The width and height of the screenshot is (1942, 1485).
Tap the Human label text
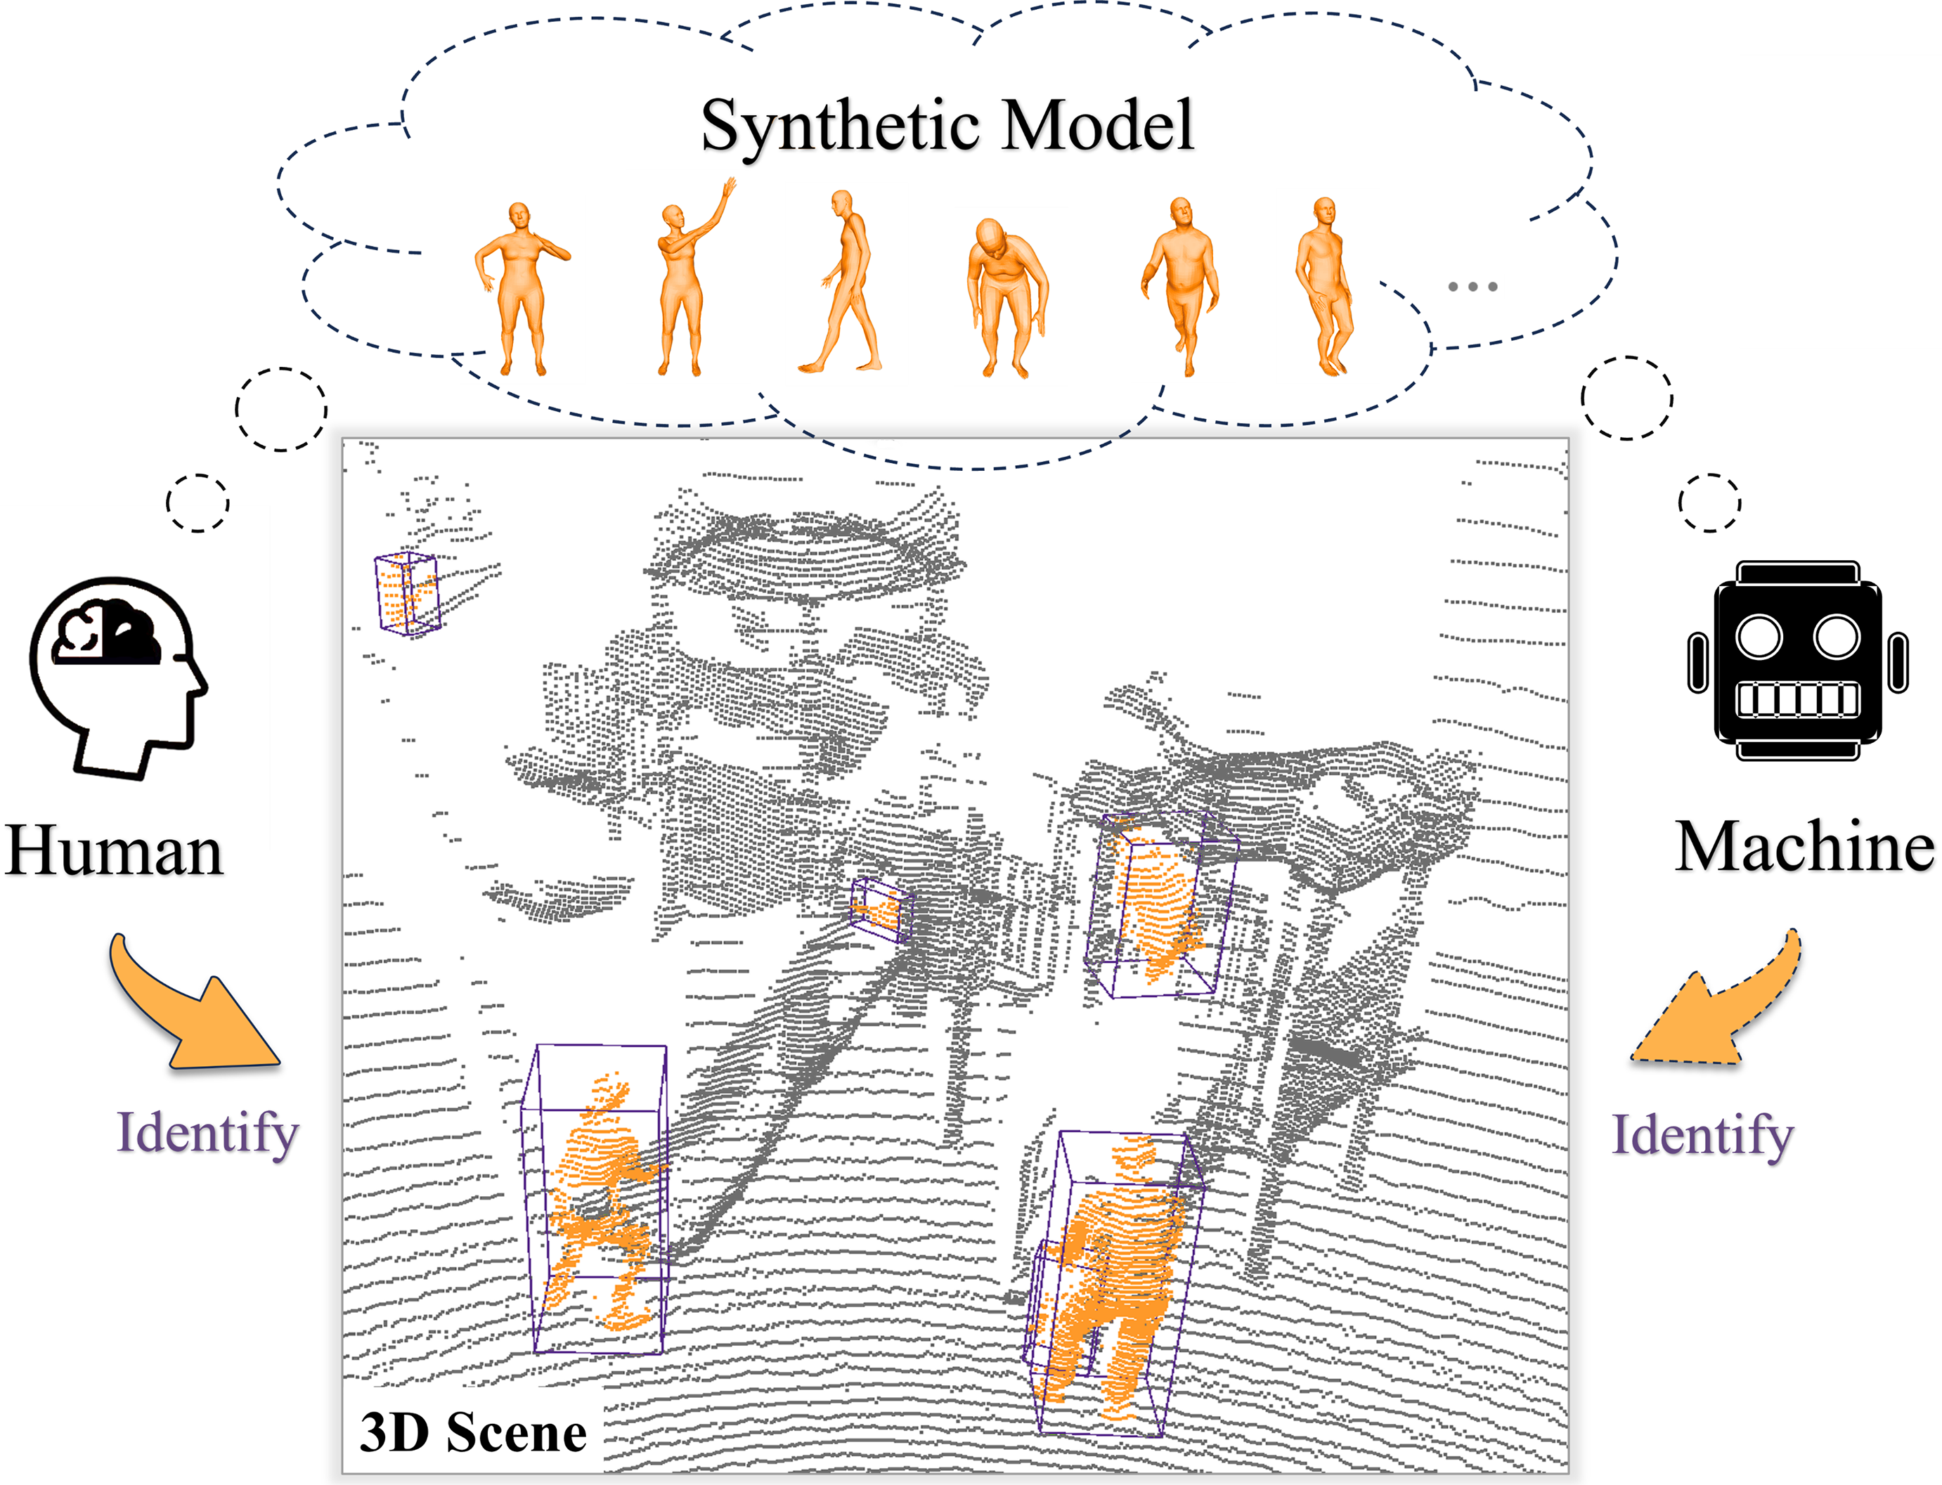tap(114, 850)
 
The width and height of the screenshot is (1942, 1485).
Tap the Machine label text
tap(1804, 847)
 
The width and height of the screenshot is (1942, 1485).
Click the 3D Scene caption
tap(473, 1432)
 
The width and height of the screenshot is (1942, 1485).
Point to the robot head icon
tap(1797, 661)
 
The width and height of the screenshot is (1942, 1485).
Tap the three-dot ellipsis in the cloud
tap(1472, 287)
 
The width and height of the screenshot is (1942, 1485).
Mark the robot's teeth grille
tap(1797, 700)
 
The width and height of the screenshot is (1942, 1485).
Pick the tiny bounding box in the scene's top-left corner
tap(407, 592)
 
